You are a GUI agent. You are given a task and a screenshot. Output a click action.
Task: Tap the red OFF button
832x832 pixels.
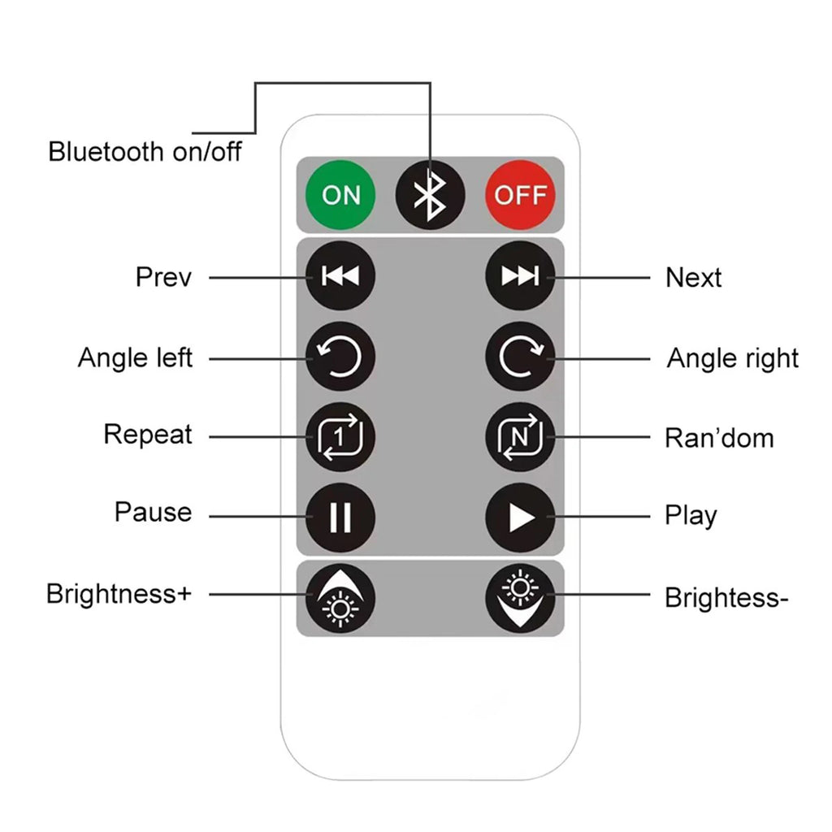(x=520, y=195)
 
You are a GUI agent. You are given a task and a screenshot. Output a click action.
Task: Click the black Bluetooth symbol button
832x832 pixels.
(x=430, y=195)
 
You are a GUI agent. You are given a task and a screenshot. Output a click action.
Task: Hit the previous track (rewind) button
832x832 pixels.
(x=340, y=276)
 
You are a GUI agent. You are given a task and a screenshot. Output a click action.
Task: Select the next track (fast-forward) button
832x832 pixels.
(x=520, y=276)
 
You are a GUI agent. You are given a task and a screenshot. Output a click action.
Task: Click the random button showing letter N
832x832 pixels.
(x=520, y=436)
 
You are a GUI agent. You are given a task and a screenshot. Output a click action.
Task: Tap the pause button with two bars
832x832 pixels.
(x=340, y=517)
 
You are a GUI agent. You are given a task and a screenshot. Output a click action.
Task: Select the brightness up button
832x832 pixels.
(x=340, y=596)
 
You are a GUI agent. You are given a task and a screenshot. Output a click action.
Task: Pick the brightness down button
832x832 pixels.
(x=520, y=596)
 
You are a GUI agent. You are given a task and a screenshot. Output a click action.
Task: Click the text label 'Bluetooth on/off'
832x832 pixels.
(x=145, y=151)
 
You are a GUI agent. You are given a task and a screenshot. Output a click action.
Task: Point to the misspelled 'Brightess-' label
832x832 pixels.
(x=726, y=598)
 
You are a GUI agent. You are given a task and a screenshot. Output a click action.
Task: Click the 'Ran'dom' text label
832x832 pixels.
(x=719, y=438)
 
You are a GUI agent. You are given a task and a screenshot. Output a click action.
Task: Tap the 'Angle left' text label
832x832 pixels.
(x=135, y=357)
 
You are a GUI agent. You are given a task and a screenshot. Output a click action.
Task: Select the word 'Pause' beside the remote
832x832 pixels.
(x=153, y=513)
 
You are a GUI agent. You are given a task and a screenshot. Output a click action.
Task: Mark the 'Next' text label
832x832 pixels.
(x=693, y=278)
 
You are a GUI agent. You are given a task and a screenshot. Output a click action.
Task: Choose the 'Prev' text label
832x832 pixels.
(x=163, y=277)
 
